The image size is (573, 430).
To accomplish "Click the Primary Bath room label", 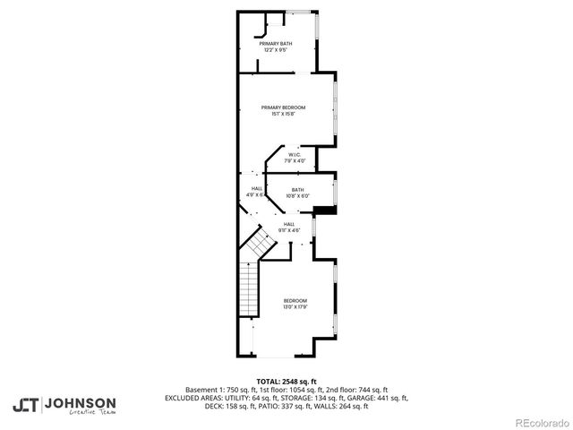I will click(275, 44).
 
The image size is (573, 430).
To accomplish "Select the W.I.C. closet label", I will click(295, 155).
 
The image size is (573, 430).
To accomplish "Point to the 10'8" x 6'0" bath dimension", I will click(296, 195).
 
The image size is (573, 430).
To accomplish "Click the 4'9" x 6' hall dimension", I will click(256, 193).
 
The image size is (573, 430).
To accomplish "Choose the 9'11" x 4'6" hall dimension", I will click(289, 230).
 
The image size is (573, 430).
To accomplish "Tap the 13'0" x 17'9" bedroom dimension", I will click(295, 306).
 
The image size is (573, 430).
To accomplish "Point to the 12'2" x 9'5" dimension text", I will click(275, 50).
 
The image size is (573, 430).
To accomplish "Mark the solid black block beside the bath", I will click(324, 211).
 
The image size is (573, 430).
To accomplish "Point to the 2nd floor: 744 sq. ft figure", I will click(358, 390).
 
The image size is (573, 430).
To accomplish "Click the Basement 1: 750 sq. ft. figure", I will click(218, 390).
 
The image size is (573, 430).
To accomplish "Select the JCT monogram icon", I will click(25, 405).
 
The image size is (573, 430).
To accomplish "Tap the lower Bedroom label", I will click(295, 300).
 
